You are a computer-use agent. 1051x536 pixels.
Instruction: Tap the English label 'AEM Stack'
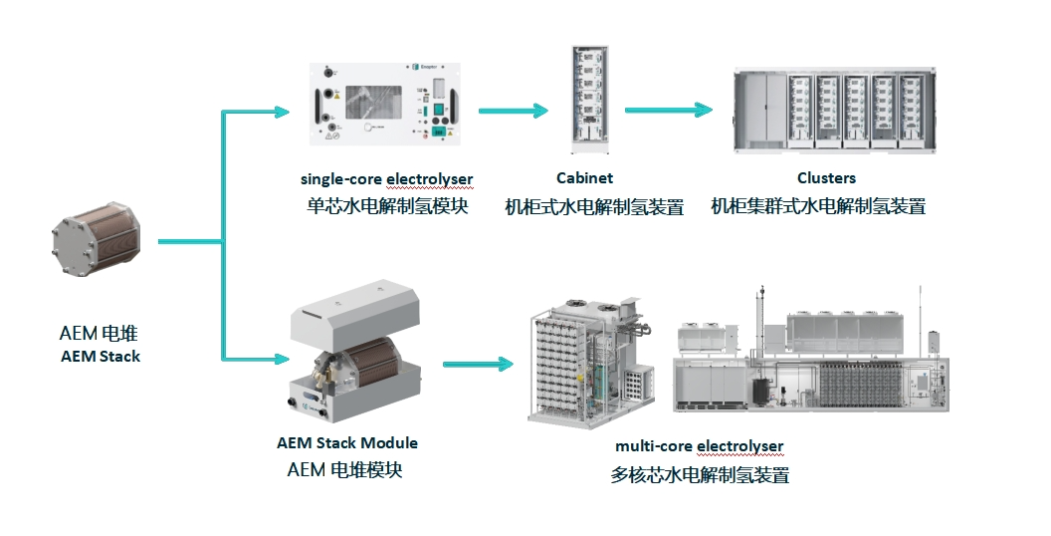pyautogui.click(x=101, y=357)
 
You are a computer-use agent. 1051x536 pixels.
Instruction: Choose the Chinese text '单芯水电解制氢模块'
pyautogui.click(x=386, y=207)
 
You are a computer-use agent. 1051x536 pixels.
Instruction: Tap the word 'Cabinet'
pyautogui.click(x=584, y=178)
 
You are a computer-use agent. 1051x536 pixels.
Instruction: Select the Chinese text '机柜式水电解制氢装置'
pyautogui.click(x=594, y=207)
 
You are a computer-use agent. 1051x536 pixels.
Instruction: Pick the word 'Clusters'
pyautogui.click(x=826, y=178)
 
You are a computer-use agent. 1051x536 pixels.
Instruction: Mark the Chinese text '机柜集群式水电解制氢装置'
pyautogui.click(x=818, y=207)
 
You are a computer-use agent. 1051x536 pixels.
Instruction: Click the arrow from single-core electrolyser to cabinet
pyautogui.click(x=513, y=111)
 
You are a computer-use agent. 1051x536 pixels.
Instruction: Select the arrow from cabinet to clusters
pyautogui.click(x=669, y=110)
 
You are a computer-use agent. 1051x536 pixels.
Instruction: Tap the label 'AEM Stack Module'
pyautogui.click(x=347, y=442)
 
